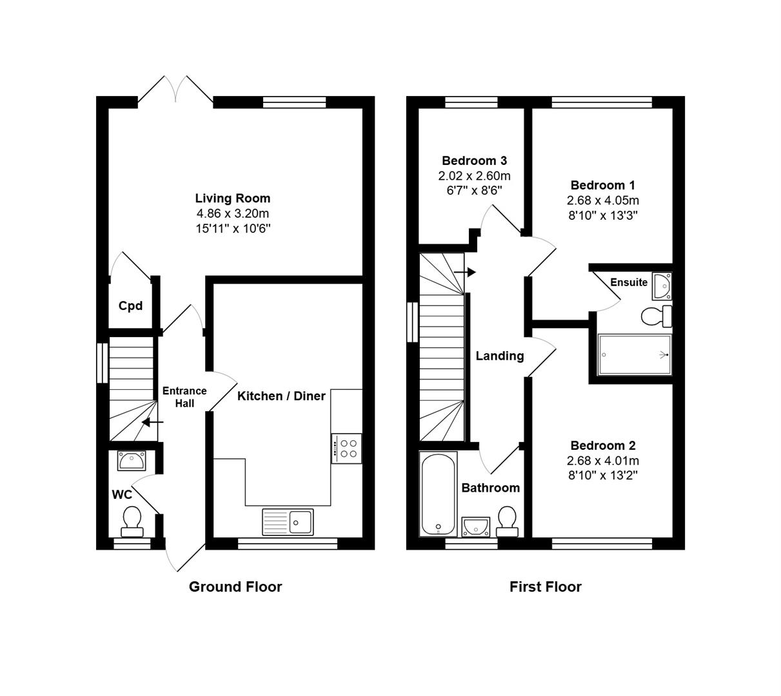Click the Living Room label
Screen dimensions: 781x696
232,198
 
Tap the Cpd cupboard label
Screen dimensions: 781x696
130,306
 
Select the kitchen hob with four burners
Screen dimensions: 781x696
346,449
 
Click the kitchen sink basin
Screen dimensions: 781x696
300,522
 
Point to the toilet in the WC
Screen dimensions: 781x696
132,521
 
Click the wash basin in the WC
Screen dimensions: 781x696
132,461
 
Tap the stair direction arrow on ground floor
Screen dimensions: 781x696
153,423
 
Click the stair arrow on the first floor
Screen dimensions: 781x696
465,273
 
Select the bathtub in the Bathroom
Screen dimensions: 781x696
439,494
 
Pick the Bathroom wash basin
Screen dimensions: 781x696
476,527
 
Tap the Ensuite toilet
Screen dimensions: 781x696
657,316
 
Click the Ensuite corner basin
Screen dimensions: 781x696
662,286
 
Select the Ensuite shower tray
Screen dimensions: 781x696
634,354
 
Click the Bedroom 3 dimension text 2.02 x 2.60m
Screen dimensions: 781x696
474,176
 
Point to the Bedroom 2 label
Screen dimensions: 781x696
603,446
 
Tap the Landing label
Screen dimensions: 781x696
500,356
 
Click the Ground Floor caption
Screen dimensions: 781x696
235,586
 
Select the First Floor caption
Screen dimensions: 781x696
546,586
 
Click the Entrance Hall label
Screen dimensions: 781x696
184,397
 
